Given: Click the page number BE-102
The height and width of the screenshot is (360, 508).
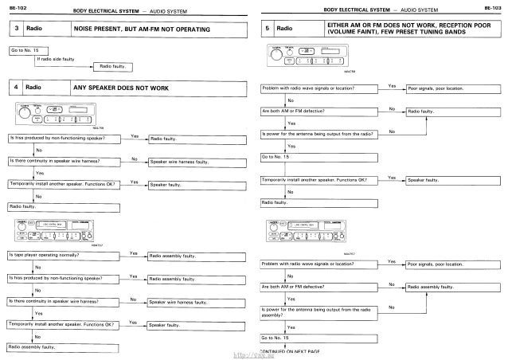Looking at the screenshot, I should click(x=15, y=7).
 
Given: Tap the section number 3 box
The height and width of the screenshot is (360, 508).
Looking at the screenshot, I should click(x=14, y=29).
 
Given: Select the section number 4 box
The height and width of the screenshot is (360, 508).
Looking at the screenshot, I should click(x=14, y=86).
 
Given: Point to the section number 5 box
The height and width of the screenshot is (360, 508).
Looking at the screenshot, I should click(x=266, y=29).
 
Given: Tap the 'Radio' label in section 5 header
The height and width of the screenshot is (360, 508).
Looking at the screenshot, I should click(x=284, y=29).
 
